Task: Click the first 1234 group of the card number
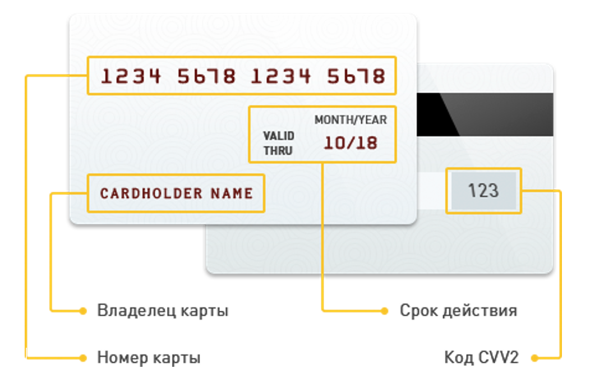131,76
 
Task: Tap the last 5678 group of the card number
356,76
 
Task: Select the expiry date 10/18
351,143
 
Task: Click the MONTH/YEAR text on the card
351,119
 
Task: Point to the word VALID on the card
278,136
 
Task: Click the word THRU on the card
278,150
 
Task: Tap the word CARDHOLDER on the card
151,193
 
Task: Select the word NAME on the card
232,193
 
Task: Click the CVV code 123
483,191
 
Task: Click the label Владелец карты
163,311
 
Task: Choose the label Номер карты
149,358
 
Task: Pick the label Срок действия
458,311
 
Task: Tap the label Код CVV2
481,357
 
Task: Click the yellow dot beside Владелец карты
83,311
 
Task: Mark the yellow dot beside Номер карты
83,358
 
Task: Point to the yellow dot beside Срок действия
384,311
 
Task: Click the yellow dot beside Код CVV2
534,358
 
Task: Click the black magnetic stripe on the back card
485,114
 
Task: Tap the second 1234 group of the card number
281,76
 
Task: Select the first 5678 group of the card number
206,76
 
